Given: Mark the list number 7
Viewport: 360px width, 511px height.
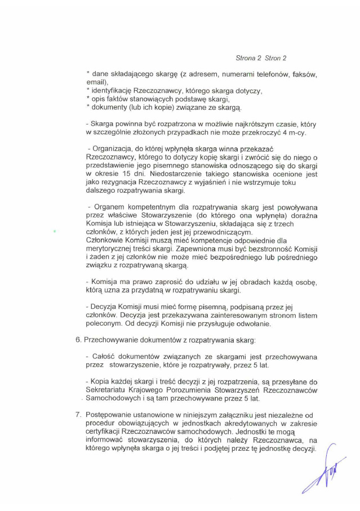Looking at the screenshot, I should tap(78, 415).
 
